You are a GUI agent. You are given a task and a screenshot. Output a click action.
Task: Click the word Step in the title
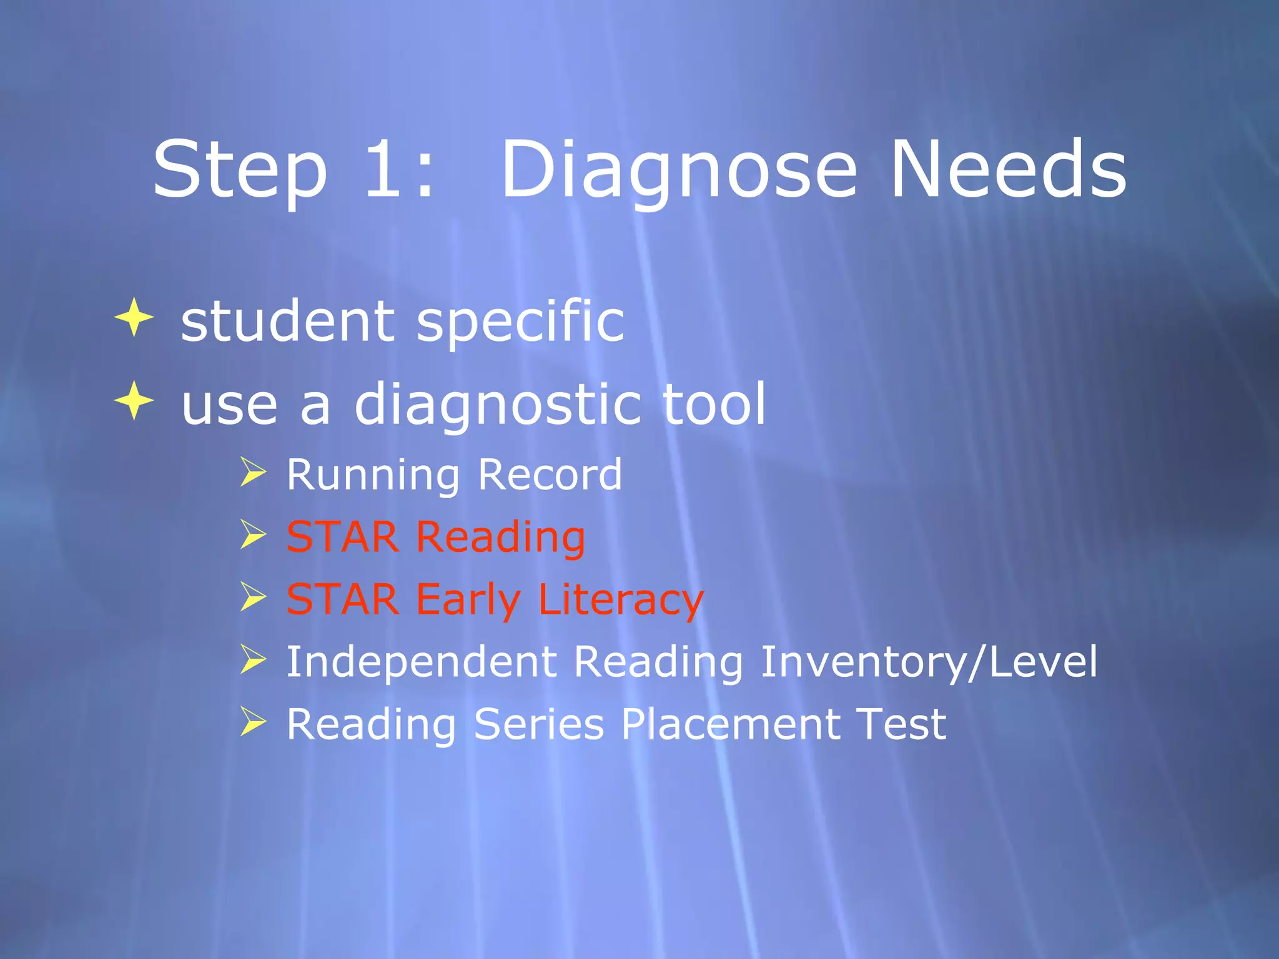click(240, 170)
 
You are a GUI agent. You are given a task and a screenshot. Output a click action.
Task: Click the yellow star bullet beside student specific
click(134, 317)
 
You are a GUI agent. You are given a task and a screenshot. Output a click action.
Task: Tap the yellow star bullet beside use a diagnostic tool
click(134, 400)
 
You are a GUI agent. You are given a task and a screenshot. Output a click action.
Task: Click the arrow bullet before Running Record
click(253, 472)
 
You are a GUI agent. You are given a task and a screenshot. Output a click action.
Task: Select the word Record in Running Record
click(550, 475)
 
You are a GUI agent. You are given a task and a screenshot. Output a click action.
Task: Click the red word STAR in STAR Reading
click(342, 537)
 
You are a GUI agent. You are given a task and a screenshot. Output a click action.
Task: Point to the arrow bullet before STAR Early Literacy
click(253, 598)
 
